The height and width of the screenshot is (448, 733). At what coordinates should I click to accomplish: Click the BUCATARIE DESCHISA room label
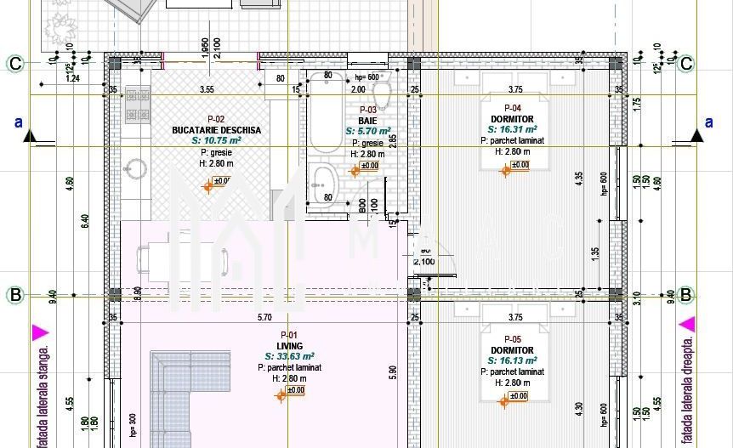[216, 130]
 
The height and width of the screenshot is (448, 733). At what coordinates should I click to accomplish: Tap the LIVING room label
[290, 346]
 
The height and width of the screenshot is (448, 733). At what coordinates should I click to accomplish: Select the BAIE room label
[367, 122]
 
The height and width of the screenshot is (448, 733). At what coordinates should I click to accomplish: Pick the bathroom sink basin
[324, 184]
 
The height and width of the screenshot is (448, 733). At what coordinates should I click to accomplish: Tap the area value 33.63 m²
[290, 357]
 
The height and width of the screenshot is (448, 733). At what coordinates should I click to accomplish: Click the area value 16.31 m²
[513, 129]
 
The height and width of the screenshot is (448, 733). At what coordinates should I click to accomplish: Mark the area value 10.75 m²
[216, 140]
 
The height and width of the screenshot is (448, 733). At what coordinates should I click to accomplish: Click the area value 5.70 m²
[368, 132]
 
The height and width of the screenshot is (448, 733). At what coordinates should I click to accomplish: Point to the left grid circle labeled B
[15, 296]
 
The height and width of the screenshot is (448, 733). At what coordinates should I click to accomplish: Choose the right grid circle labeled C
[685, 63]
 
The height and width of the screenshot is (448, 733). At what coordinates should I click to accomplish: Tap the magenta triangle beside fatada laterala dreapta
[687, 324]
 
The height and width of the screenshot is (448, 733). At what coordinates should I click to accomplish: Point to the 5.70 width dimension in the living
[264, 318]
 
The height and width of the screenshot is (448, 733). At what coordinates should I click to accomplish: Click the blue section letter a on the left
[19, 122]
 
